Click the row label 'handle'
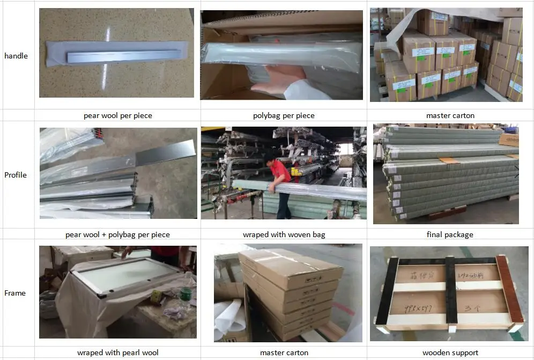(16, 56)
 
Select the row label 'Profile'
(15, 175)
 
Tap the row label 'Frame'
(15, 293)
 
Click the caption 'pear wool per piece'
(117, 115)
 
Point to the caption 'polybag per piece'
(284, 115)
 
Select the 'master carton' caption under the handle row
(450, 115)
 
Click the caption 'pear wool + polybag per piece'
(117, 234)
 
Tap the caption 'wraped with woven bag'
(284, 234)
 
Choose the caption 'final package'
(450, 234)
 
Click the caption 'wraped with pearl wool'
(117, 352)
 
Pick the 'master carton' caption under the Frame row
(284, 352)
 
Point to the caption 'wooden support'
(450, 352)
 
